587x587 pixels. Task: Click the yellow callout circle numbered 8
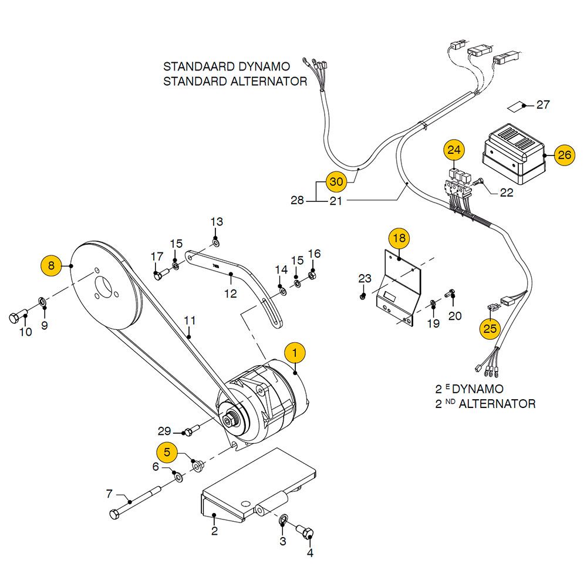[51, 265]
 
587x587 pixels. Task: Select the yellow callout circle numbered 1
[295, 352]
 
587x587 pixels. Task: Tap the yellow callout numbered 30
[335, 182]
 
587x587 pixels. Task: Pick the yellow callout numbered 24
[453, 150]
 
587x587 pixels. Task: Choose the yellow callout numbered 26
[564, 156]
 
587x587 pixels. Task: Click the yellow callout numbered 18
[399, 238]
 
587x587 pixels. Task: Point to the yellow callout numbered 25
[490, 328]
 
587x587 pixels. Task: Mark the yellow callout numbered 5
[167, 452]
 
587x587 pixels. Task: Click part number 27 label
[544, 105]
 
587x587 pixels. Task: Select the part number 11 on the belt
[189, 321]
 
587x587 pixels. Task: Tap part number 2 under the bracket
[214, 532]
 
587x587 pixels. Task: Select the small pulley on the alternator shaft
[231, 420]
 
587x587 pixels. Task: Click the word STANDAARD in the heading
[200, 66]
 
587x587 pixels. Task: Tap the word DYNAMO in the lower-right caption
[478, 389]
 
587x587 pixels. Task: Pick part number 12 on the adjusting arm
[231, 293]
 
